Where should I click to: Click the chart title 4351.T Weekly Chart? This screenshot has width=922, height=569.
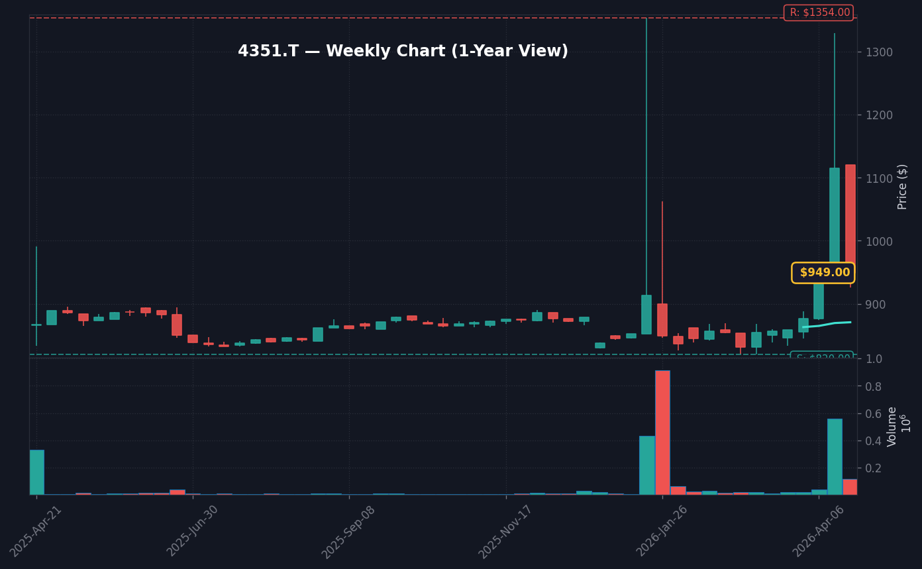coord(403,52)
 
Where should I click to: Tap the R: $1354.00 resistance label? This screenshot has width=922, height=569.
coord(819,13)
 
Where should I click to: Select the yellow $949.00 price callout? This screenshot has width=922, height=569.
coord(823,273)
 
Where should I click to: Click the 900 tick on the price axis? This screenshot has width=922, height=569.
coord(876,304)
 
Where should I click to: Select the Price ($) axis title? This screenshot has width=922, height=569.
coord(903,187)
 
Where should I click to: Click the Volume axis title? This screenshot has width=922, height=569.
coord(893,427)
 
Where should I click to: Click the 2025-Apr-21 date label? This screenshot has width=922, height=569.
coord(36,531)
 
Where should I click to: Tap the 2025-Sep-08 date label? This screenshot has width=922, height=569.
coord(349,531)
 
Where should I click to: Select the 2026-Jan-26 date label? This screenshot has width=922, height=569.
coord(662,531)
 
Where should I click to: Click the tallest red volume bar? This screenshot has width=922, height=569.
coord(662,433)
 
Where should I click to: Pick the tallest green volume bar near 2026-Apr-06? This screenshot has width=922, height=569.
coord(835,456)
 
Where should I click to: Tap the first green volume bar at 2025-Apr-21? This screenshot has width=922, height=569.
coord(37,472)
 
